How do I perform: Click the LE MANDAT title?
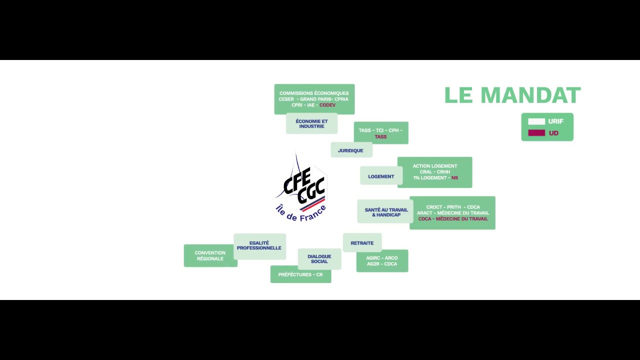coord(512,95)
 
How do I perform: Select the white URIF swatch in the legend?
coord(536,121)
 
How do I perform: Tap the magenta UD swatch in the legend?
coord(536,133)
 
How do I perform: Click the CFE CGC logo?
coord(301,187)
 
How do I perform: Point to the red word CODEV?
coord(327,105)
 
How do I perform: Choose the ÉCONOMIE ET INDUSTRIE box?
coord(311,123)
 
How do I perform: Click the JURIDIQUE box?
coord(351,150)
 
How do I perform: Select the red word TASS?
coord(380,137)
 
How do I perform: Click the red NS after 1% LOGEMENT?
coord(454,177)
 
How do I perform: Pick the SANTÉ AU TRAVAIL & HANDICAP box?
coord(385,211)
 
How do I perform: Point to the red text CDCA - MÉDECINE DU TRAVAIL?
coord(453,219)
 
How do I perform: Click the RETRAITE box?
coord(362,243)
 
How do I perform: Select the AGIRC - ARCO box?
coord(382,261)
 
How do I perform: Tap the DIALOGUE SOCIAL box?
coord(319,259)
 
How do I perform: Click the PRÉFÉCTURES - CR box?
coord(301,274)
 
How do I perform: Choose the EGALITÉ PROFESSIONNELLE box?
coord(259,246)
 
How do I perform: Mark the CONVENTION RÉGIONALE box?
coord(210,255)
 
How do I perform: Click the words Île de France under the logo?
coord(300,213)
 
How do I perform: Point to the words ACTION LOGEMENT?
coord(435,166)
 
